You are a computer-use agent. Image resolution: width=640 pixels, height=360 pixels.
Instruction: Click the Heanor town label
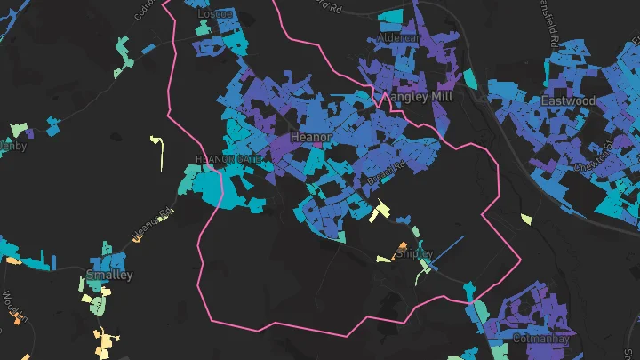point(311,138)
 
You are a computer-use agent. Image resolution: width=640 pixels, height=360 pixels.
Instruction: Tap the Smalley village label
point(109,275)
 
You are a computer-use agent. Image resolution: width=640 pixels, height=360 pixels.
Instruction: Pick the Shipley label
point(413,253)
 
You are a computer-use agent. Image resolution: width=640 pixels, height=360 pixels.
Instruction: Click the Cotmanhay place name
point(540,339)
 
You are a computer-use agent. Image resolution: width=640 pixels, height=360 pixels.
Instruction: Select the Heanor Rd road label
point(151,225)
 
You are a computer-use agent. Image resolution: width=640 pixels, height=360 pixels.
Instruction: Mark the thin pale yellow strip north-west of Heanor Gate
point(159,153)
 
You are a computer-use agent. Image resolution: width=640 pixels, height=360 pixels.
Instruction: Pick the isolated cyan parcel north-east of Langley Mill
point(470,79)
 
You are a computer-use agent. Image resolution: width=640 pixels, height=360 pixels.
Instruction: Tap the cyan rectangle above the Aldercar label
point(390,17)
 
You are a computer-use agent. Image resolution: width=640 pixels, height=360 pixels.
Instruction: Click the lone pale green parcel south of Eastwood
point(526,219)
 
